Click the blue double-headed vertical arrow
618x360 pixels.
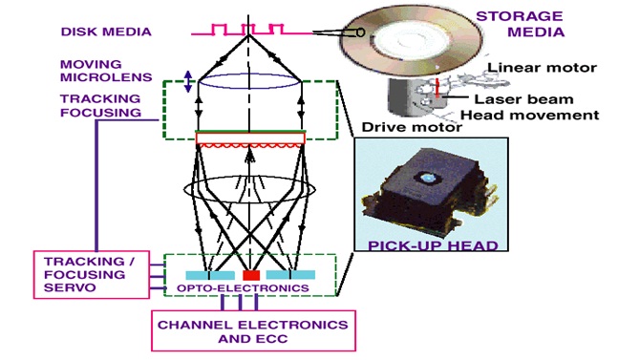point(188,82)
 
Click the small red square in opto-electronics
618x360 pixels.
point(250,276)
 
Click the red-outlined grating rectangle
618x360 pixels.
point(250,139)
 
